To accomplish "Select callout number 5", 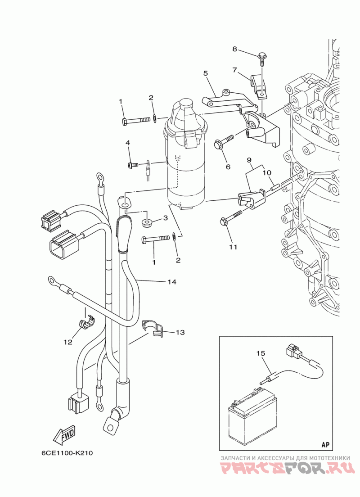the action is coord(206,73).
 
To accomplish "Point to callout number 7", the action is coord(235,70).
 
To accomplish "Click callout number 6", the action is coord(228,167).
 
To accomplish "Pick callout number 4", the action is coord(128,143).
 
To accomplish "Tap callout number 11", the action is coord(233,247).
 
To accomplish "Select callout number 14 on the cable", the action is coord(172,281).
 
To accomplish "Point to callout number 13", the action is coord(180,332).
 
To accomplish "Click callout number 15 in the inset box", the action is coord(261,353).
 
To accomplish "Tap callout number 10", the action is coord(267,173).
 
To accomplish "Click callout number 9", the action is coord(249,159).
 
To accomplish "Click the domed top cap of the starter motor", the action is coord(186,104).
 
